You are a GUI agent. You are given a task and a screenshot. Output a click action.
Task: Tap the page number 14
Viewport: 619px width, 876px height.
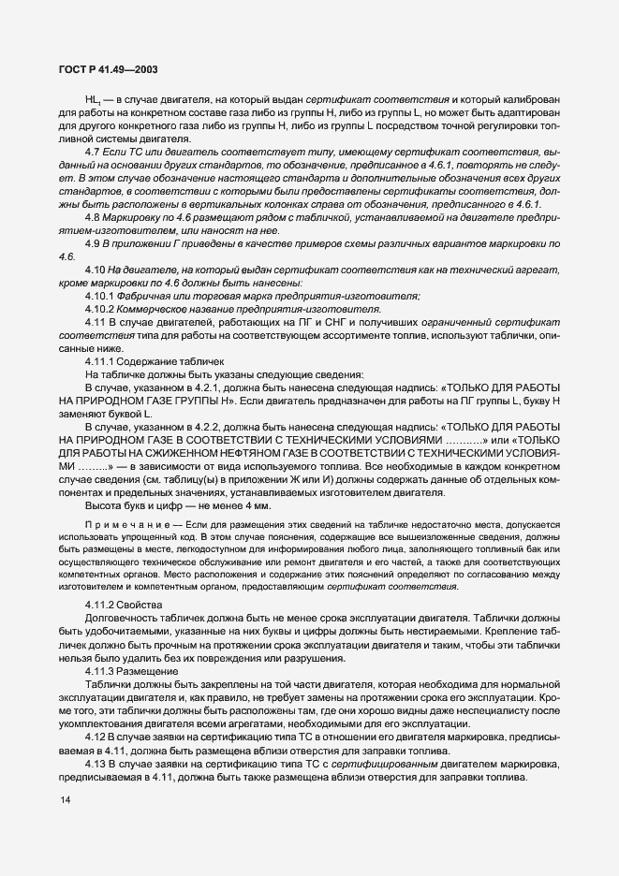(65, 825)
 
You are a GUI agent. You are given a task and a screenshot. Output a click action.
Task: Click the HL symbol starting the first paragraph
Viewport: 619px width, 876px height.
(92, 99)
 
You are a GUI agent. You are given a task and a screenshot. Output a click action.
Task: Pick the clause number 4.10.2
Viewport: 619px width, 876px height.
(98, 309)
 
